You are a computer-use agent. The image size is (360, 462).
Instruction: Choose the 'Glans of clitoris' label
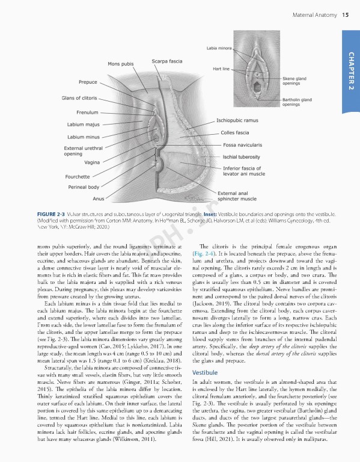pyautogui.click(x=79, y=97)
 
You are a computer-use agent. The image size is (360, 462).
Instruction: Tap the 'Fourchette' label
pyautogui.click(x=78, y=176)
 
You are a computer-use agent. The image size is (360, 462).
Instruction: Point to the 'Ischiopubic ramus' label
pyautogui.click(x=237, y=120)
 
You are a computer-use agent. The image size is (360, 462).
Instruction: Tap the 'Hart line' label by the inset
pyautogui.click(x=222, y=69)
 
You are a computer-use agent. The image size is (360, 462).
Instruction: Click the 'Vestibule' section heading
pyautogui.click(x=204, y=356)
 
